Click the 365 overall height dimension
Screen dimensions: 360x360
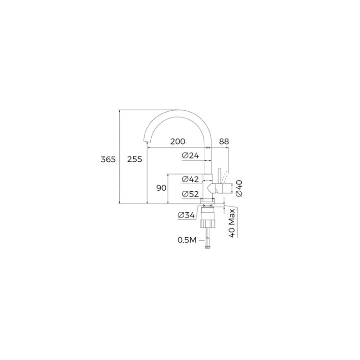click(x=108, y=159)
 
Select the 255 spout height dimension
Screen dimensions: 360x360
click(x=135, y=159)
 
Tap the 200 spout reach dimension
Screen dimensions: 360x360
click(x=177, y=141)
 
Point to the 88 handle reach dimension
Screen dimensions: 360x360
click(x=224, y=141)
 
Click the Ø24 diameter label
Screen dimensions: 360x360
click(x=190, y=156)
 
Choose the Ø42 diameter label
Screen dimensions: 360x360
click(x=190, y=179)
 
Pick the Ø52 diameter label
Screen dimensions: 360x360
click(x=190, y=194)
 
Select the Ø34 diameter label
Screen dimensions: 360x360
click(x=186, y=215)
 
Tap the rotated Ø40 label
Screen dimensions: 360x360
click(x=239, y=188)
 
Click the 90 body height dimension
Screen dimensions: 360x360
click(x=161, y=188)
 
